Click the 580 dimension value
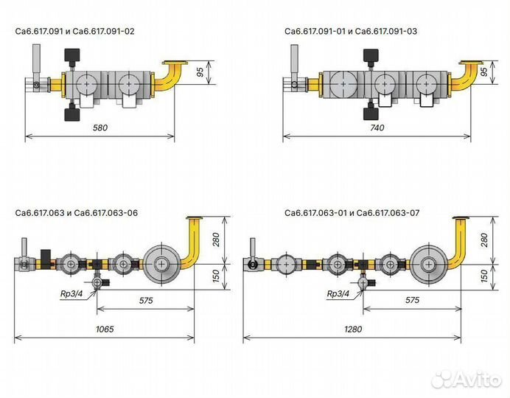(100, 128)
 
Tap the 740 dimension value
(377, 128)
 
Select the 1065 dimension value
(105, 329)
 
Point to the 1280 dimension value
(353, 329)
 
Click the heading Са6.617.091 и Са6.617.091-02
(74, 31)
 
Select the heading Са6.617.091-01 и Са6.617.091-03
(351, 31)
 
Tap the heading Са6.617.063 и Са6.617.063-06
(77, 213)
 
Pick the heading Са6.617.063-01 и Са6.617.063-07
(352, 213)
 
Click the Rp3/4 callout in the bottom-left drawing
(71, 294)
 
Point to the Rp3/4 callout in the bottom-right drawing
(338, 294)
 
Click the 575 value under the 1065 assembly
(146, 301)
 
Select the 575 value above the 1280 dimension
(412, 300)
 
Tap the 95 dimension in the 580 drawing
(200, 72)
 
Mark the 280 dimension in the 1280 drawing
(484, 240)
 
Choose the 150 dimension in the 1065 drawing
(216, 276)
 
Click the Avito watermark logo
(466, 379)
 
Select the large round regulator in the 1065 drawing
(161, 264)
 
